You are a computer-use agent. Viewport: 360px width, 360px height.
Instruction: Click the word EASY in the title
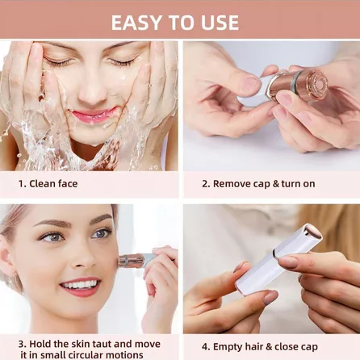pyautogui.click(x=137, y=23)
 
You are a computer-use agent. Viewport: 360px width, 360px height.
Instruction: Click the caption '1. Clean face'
pyautogui.click(x=48, y=184)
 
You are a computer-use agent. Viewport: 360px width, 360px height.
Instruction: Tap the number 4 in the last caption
pyautogui.click(x=205, y=347)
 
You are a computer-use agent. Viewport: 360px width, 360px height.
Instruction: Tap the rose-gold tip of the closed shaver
pyautogui.click(x=313, y=232)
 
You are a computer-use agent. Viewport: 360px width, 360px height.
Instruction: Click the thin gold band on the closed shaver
pyautogui.click(x=274, y=253)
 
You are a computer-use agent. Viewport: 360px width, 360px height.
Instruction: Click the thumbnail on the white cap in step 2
pyautogui.click(x=251, y=82)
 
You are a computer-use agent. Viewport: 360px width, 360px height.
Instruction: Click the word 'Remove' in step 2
pyautogui.click(x=232, y=184)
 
